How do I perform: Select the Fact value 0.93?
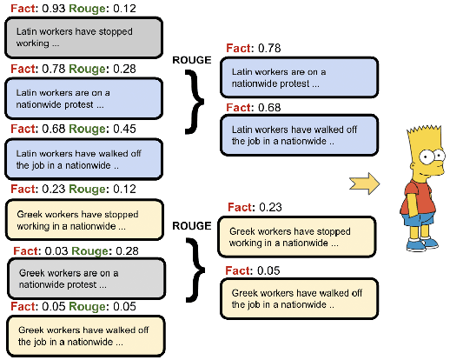(52, 8)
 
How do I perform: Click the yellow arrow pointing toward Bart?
(366, 183)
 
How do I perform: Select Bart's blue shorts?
(420, 218)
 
